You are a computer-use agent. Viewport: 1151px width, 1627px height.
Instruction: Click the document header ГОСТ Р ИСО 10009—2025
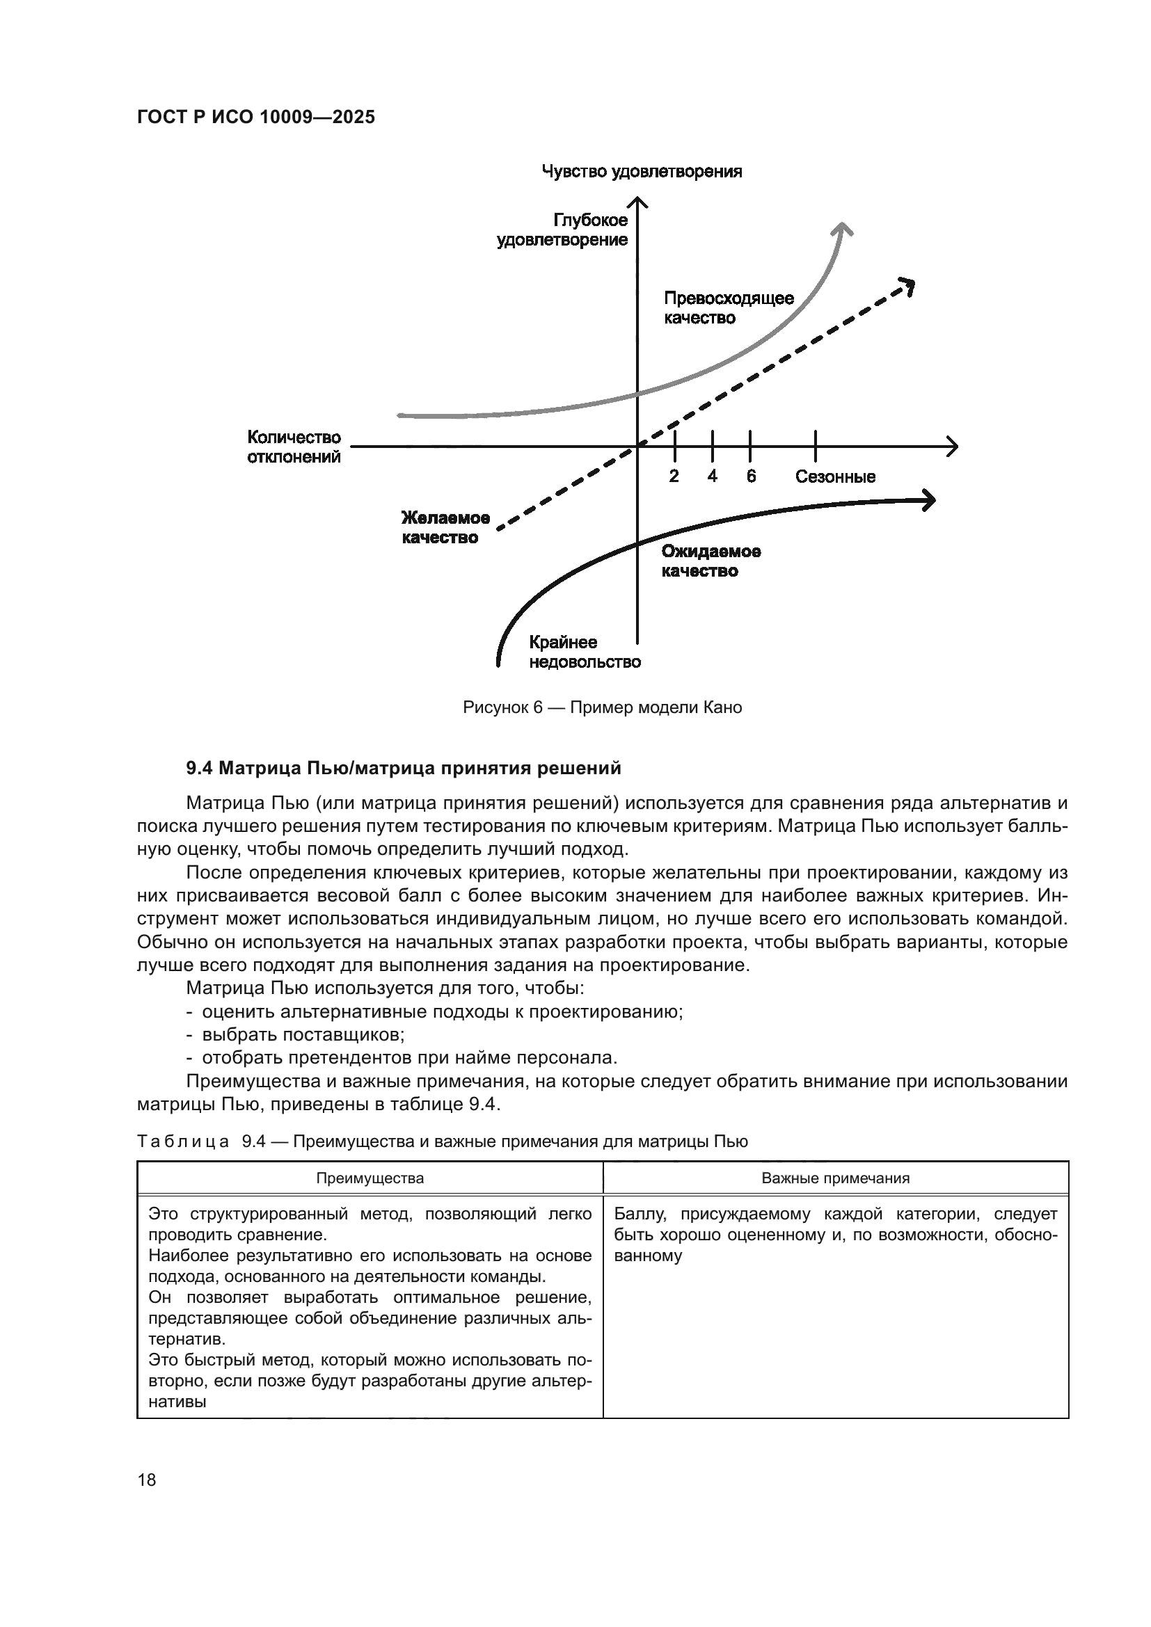point(255,118)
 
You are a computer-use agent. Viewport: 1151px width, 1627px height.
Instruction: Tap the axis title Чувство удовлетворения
point(642,172)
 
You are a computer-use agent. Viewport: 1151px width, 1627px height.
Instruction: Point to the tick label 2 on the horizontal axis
point(674,476)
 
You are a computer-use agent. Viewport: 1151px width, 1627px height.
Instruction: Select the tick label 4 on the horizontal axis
point(712,476)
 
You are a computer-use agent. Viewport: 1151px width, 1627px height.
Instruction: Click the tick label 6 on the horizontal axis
point(751,476)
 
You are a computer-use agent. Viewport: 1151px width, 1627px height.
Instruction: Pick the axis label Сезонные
point(835,477)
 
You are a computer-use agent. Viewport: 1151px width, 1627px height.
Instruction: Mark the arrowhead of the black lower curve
point(929,500)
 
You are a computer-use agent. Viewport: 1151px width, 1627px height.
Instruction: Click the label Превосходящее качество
point(728,308)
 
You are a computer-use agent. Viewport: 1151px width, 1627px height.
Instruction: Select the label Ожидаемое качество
point(711,561)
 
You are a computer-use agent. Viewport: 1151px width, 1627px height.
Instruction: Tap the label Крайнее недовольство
point(584,652)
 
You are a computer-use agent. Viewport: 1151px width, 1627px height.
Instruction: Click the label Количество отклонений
point(294,447)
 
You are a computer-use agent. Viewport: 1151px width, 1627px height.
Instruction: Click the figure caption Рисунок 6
point(602,707)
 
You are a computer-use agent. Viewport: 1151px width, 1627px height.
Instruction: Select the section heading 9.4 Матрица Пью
point(404,768)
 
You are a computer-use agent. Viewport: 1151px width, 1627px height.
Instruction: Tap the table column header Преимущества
point(370,1178)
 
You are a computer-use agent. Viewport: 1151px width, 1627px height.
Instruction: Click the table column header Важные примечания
point(835,1178)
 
